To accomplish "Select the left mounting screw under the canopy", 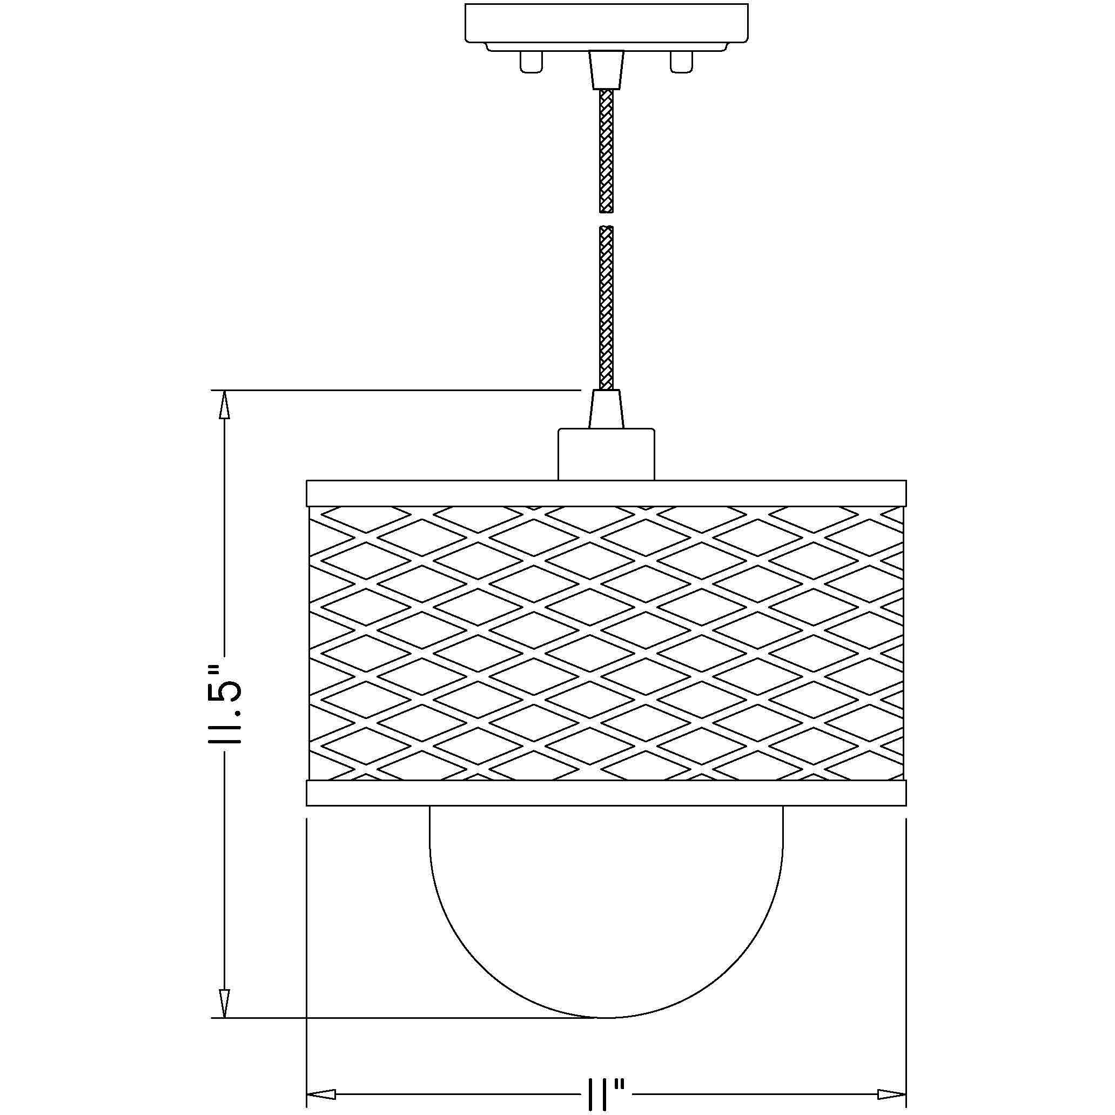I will click(530, 62).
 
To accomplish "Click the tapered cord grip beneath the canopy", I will click(606, 69).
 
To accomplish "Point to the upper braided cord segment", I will click(606, 150).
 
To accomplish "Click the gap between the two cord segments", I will click(606, 219).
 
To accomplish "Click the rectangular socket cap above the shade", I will click(606, 454).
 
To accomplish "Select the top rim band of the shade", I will click(606, 493).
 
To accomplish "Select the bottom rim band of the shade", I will click(606, 793).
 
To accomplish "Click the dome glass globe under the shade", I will click(606, 901).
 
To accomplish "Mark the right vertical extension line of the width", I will click(906, 952).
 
